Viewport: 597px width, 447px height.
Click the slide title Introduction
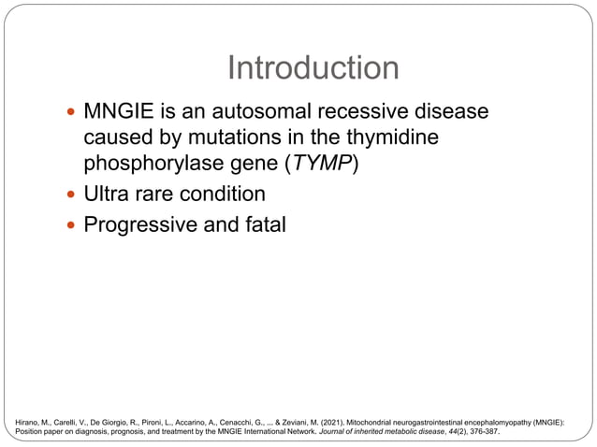point(313,68)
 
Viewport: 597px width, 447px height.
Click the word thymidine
point(387,137)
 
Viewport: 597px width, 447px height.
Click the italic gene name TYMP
point(325,163)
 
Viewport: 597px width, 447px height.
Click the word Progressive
point(140,225)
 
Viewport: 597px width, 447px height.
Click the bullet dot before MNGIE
point(71,113)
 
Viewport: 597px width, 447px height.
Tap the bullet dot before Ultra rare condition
point(71,195)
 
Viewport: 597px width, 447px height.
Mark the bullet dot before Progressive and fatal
point(71,226)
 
